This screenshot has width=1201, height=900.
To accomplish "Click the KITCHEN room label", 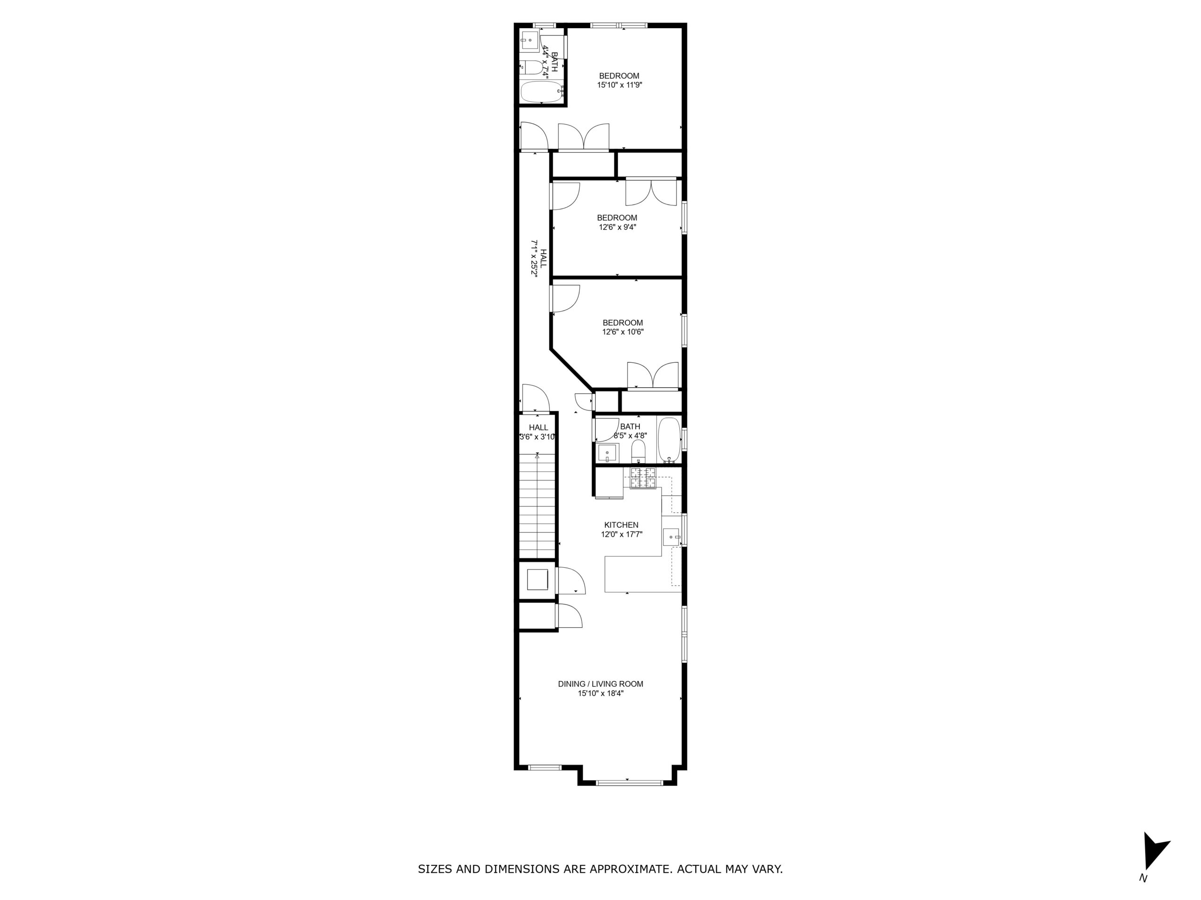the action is [x=621, y=525].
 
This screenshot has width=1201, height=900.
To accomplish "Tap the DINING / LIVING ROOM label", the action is [x=600, y=684].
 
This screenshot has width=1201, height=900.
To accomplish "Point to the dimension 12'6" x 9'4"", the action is [x=617, y=227].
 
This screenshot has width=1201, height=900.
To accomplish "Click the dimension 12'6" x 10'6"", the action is [x=623, y=332].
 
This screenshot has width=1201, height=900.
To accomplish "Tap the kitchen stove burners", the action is [x=643, y=478].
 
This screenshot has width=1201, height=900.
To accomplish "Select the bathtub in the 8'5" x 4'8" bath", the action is [x=669, y=441].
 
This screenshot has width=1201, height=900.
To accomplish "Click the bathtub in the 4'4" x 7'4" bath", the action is [x=542, y=92].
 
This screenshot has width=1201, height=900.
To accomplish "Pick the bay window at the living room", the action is [x=629, y=782].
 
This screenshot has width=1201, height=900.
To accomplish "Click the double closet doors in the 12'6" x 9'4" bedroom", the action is [x=652, y=192].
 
